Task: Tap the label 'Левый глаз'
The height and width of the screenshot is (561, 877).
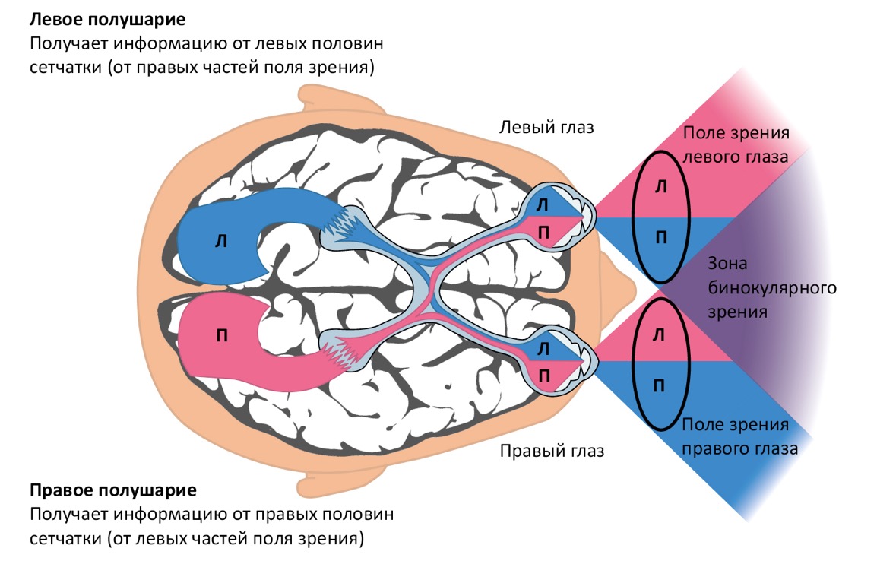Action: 546,127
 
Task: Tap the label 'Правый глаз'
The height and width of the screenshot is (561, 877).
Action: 552,451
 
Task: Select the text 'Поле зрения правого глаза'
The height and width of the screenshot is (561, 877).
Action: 739,437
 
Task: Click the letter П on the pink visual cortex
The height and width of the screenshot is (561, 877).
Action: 222,335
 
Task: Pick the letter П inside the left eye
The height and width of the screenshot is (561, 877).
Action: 544,230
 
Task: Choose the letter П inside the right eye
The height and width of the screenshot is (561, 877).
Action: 544,374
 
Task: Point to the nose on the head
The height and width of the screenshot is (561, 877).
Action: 623,288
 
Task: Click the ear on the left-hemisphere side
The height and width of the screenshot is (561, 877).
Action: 334,95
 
